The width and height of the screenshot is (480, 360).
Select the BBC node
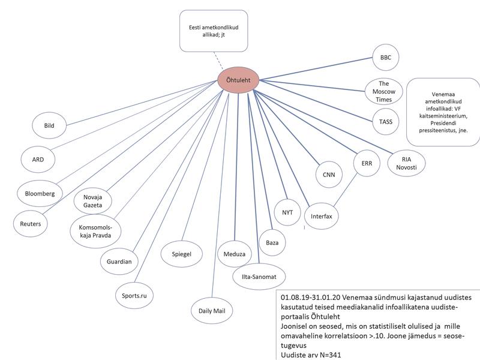pos(386,58)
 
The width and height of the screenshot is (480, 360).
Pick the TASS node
pos(386,121)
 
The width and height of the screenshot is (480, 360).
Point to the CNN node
pos(328,175)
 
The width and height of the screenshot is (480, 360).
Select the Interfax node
pos(322,215)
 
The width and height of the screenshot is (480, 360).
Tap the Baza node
pos(272,243)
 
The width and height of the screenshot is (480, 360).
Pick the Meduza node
pos(235,254)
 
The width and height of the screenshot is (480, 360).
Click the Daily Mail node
pos(211,311)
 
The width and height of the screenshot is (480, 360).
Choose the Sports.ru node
pos(135,295)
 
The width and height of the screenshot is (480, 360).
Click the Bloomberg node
pos(40,194)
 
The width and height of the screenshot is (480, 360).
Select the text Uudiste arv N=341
pos(311,354)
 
